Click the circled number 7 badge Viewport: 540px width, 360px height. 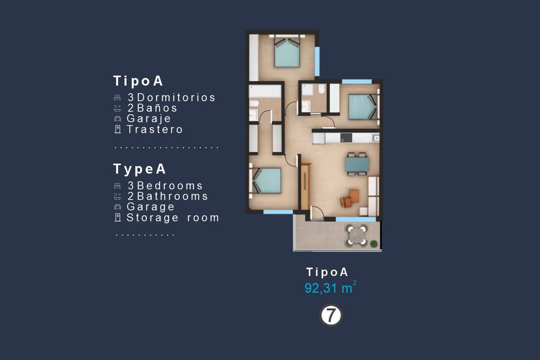point(331,315)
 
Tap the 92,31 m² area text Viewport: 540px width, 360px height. point(330,287)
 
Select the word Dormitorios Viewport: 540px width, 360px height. point(176,97)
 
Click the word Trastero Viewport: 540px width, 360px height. point(154,129)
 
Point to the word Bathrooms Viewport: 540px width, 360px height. point(172,196)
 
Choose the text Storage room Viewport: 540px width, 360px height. point(173,218)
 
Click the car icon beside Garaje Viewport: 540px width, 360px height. point(117,119)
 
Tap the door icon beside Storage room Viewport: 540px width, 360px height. point(117,217)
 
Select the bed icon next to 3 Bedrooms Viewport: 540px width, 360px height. point(117,186)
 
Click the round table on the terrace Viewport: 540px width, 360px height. point(357,235)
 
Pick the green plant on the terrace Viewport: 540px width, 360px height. point(373,244)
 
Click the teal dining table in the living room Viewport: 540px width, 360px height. point(357,164)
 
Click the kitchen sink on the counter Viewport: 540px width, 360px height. point(376,138)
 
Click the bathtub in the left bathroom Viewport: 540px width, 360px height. point(265,91)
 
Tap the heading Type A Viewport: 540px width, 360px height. point(139,169)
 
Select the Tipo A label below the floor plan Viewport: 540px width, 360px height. point(327,272)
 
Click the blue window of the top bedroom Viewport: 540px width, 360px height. point(317,62)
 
